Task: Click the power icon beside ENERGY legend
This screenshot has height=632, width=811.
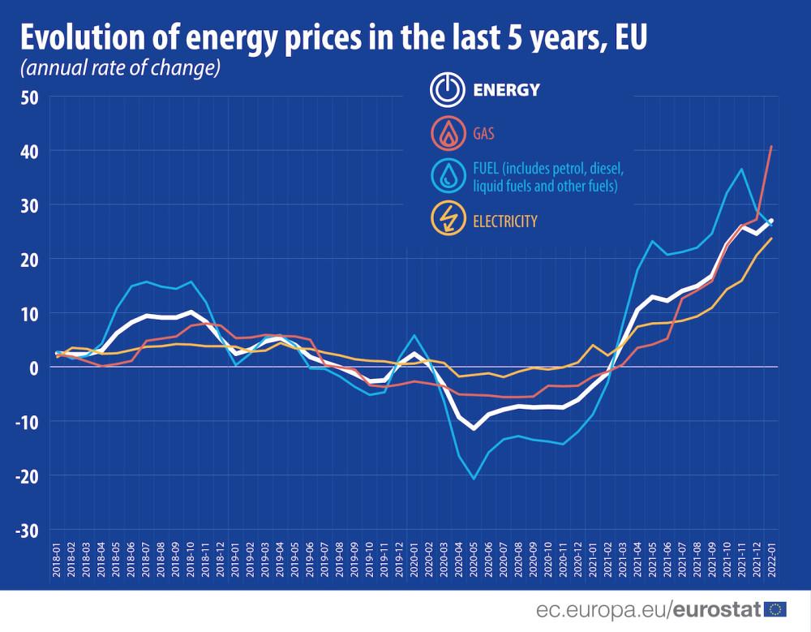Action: [447, 90]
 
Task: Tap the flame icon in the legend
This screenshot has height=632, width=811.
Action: [447, 133]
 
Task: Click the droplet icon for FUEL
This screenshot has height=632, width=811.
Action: [447, 177]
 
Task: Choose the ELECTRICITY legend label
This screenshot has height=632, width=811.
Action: [505, 221]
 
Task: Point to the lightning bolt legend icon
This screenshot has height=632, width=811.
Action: [447, 220]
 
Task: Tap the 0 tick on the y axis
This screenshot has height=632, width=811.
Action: [35, 368]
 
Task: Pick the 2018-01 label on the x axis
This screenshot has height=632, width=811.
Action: [57, 560]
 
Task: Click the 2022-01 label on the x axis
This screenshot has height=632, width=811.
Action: [771, 560]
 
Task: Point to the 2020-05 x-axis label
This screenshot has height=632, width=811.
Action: [474, 560]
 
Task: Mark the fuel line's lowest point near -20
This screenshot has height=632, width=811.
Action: [474, 479]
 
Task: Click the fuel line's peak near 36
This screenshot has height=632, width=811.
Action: [741, 169]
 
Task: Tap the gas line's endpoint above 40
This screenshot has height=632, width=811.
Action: [771, 146]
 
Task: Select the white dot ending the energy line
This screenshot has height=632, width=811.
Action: [771, 221]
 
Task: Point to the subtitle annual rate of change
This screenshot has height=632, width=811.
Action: [121, 69]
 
